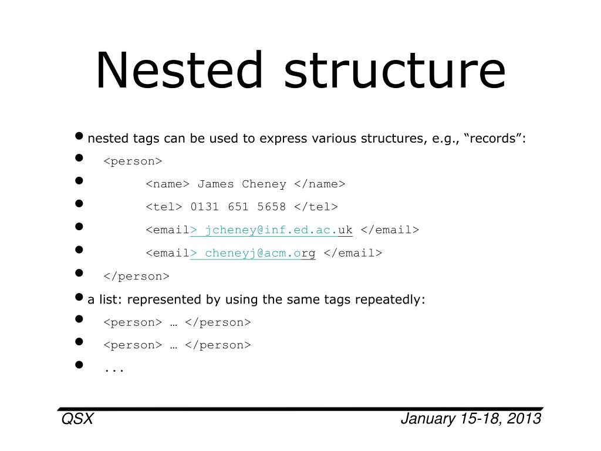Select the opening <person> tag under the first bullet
[133, 161]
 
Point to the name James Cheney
[242, 184]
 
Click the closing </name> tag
[320, 184]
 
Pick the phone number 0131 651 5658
[238, 207]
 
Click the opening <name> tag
[167, 184]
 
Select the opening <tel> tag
[164, 207]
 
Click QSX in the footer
[77, 419]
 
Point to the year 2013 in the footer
[525, 419]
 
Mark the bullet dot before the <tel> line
[80, 204]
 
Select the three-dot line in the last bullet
[114, 370]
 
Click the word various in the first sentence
[332, 139]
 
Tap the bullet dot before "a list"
[80, 297]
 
